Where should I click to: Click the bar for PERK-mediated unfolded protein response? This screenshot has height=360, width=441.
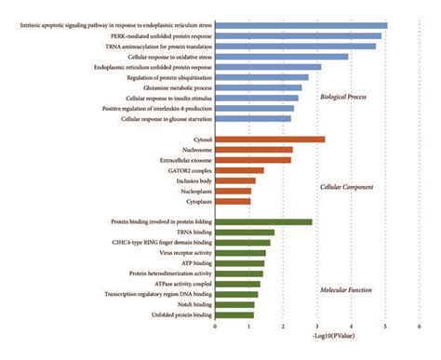point(298,35)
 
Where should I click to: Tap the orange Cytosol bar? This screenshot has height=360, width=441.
point(270,140)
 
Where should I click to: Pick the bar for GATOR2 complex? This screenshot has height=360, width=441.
point(239,170)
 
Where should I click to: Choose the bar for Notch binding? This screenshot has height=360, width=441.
point(234,304)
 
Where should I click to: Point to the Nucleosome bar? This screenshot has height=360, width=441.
point(254,150)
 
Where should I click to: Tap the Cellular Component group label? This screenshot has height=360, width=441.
point(345,187)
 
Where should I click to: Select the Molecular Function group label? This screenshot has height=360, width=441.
point(346,289)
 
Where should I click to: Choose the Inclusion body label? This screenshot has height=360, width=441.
point(191,180)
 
